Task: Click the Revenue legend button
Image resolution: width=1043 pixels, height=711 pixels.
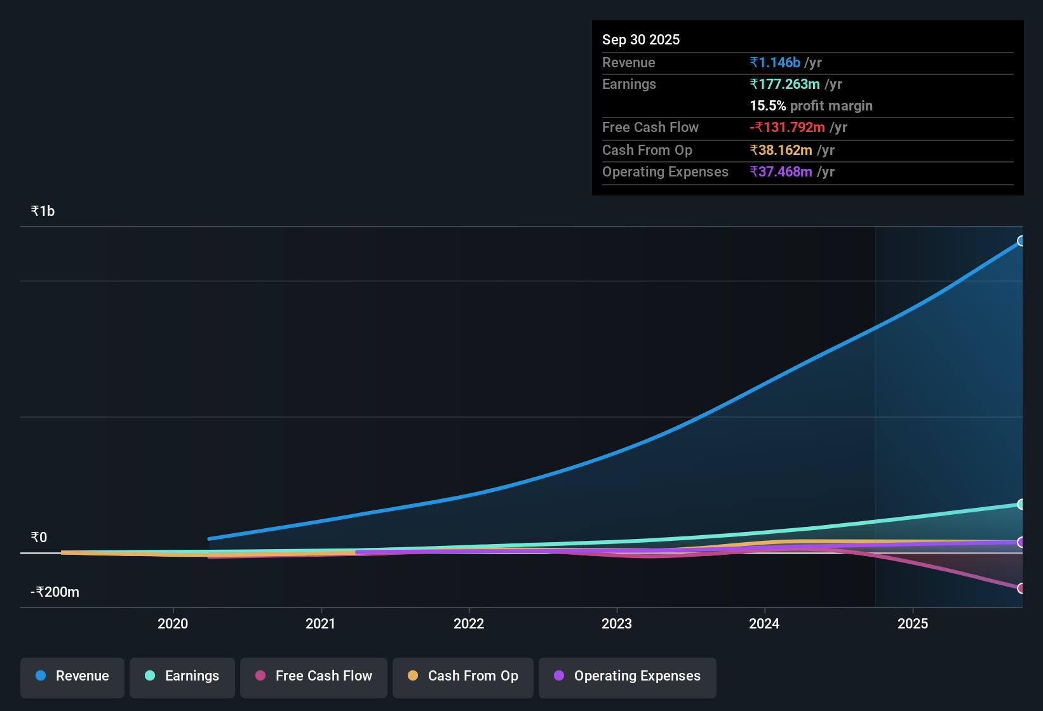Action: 72,676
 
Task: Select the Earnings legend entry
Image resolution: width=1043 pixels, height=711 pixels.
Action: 182,676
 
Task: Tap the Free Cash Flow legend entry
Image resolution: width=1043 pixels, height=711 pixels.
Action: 314,676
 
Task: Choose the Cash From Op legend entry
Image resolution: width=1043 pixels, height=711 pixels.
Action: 463,676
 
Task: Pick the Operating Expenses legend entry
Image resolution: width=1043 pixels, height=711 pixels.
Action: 628,676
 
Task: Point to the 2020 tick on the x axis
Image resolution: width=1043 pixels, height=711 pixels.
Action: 173,623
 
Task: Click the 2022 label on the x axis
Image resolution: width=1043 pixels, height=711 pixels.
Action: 469,623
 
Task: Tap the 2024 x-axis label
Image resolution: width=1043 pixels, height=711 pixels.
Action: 764,623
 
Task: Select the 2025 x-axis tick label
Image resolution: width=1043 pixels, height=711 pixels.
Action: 913,623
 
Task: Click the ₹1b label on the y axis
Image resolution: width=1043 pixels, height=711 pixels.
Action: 43,211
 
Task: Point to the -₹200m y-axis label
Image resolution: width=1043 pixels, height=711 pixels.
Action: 55,592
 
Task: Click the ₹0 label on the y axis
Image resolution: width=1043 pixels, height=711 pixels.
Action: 39,538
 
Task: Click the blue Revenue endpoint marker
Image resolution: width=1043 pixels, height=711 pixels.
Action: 1021,241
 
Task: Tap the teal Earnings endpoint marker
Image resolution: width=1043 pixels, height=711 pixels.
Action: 1021,504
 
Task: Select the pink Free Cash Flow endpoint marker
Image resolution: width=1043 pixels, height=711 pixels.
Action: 1021,588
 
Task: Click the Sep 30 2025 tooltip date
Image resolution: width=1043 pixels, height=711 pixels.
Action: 641,39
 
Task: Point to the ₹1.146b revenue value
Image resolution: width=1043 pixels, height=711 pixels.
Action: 775,63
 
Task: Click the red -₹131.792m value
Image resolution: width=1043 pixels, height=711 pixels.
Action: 787,128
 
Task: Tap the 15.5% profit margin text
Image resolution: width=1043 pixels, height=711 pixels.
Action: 811,106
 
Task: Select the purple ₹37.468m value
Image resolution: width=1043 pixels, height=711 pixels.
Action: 781,172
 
